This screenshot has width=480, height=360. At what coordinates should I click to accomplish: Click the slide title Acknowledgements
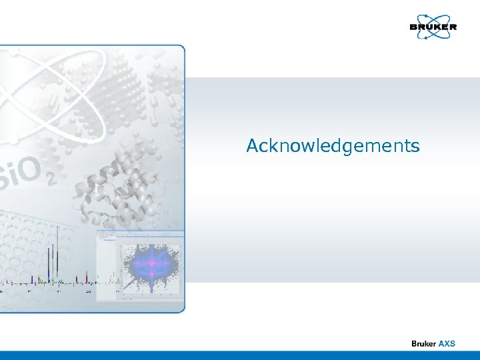333,146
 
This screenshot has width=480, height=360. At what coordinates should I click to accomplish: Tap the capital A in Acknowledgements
253,146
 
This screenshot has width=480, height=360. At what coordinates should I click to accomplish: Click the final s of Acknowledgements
415,147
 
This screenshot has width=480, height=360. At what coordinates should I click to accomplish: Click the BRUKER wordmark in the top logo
433,27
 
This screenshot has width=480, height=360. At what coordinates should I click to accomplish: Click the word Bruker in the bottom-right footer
423,343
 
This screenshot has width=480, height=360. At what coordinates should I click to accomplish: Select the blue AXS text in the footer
446,343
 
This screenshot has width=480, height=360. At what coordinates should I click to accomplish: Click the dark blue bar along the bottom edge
240,355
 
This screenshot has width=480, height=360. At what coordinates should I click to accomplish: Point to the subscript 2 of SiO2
51,179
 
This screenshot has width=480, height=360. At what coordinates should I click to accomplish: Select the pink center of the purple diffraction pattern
151,265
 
